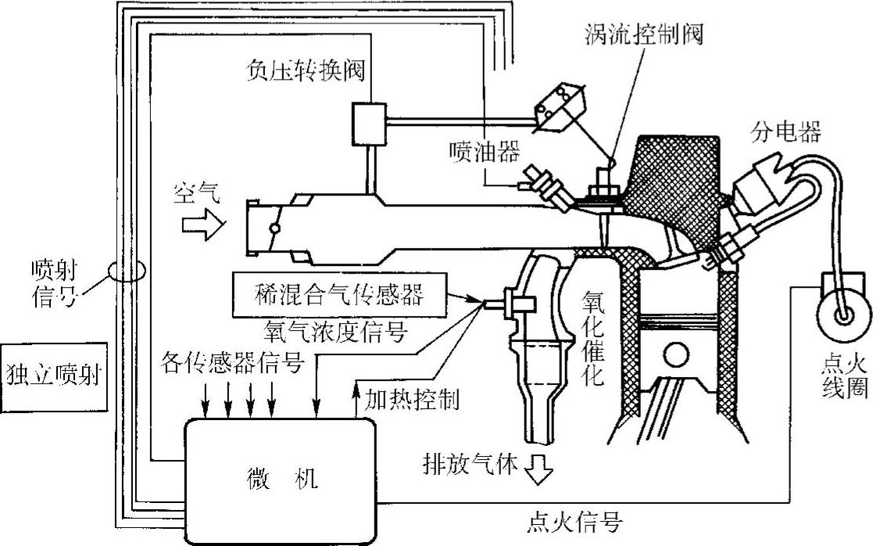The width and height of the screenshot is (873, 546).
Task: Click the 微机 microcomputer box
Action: tap(279, 479)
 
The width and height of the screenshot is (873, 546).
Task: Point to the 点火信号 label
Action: tap(575, 519)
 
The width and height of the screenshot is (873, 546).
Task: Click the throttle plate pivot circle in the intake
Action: tap(273, 229)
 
